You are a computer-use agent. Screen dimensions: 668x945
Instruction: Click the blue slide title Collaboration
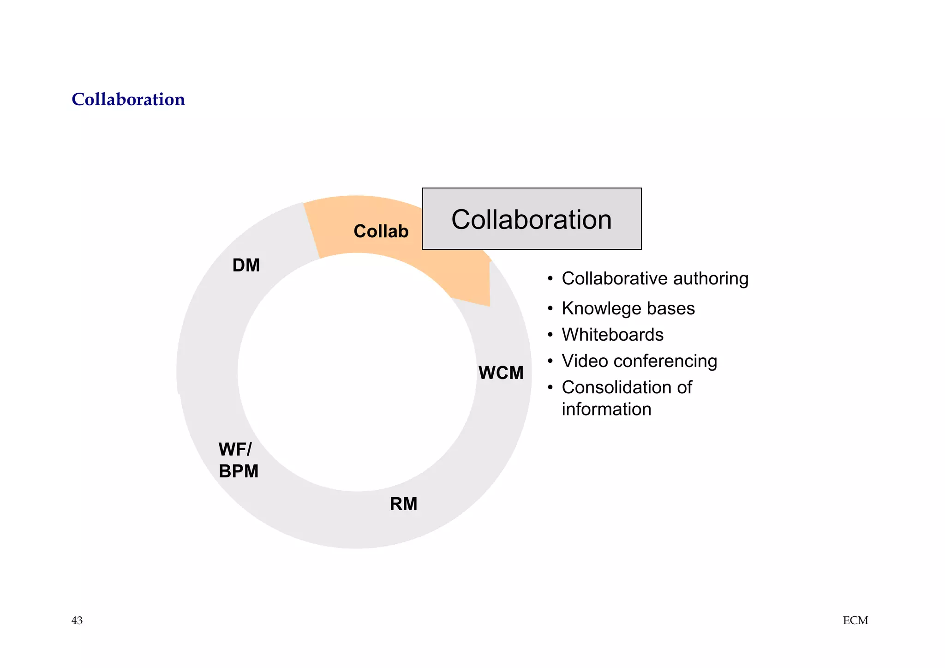128,99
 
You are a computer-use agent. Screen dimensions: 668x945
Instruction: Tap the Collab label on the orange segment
381,231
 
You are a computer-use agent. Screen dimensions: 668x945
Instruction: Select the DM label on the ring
246,265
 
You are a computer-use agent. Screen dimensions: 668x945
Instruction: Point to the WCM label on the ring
501,373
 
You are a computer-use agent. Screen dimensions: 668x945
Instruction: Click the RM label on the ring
403,504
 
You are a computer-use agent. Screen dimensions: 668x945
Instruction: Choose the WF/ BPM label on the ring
238,460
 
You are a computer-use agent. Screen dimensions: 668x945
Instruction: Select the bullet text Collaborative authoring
655,278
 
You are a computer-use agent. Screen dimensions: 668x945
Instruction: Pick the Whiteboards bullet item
612,335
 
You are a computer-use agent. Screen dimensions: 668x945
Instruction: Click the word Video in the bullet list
585,361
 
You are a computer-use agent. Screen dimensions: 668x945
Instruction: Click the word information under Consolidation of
606,409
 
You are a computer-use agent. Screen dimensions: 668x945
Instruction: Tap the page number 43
77,620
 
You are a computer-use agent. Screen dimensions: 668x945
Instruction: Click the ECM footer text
855,620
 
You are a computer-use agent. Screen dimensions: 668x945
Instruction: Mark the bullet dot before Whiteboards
550,335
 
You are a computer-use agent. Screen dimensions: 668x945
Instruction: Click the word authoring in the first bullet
710,279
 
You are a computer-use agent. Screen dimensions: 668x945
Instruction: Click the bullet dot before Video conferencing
550,361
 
